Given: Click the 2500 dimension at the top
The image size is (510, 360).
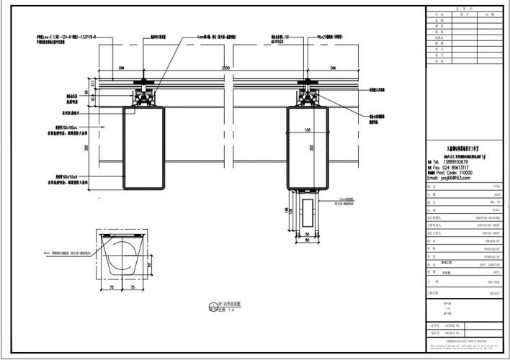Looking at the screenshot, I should (x=226, y=66).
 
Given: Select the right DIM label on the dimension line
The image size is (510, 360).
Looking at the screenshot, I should (x=333, y=67).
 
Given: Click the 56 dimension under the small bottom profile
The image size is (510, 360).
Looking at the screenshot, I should (x=306, y=235).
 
